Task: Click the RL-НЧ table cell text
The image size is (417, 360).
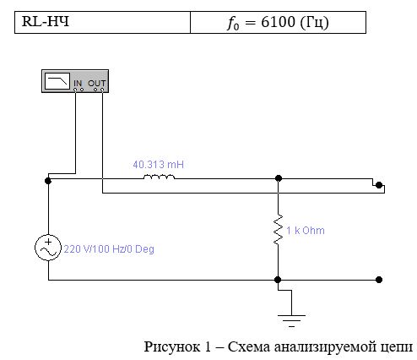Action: (46, 21)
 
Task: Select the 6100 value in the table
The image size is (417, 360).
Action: (278, 22)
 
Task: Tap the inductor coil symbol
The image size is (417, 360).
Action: (159, 177)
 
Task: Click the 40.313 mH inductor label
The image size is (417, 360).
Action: (159, 165)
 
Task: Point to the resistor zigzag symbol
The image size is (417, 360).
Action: (279, 229)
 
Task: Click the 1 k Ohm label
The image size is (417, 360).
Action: (306, 231)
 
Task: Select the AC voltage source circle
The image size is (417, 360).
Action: (48, 248)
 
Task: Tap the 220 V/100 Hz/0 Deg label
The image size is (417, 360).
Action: (109, 249)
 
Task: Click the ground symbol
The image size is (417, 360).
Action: (291, 320)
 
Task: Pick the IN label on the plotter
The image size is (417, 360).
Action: (78, 84)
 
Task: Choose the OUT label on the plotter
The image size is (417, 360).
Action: (96, 84)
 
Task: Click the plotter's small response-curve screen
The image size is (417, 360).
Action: (57, 81)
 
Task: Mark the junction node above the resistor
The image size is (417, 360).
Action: (279, 178)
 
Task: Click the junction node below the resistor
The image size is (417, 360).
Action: (278, 280)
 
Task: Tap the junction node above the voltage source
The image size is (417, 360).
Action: (48, 181)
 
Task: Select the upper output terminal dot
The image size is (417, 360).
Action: (379, 185)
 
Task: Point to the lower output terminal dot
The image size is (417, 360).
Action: (379, 280)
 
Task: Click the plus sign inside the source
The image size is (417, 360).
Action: (48, 242)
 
